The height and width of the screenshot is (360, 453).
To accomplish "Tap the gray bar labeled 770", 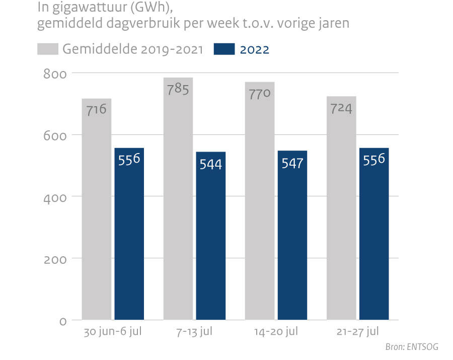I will click(260, 211).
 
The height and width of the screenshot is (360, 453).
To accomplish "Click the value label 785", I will click(178, 90).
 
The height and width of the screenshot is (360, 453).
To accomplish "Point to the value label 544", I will click(210, 165).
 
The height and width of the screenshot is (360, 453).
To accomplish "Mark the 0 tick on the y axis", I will click(63, 321).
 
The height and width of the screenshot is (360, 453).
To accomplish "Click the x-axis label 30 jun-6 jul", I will click(113, 332).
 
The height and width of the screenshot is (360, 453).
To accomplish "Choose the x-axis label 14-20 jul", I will click(276, 332).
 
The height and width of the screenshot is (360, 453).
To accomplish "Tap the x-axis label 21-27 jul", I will click(358, 332).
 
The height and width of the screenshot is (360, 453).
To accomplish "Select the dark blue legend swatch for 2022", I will click(224, 49).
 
